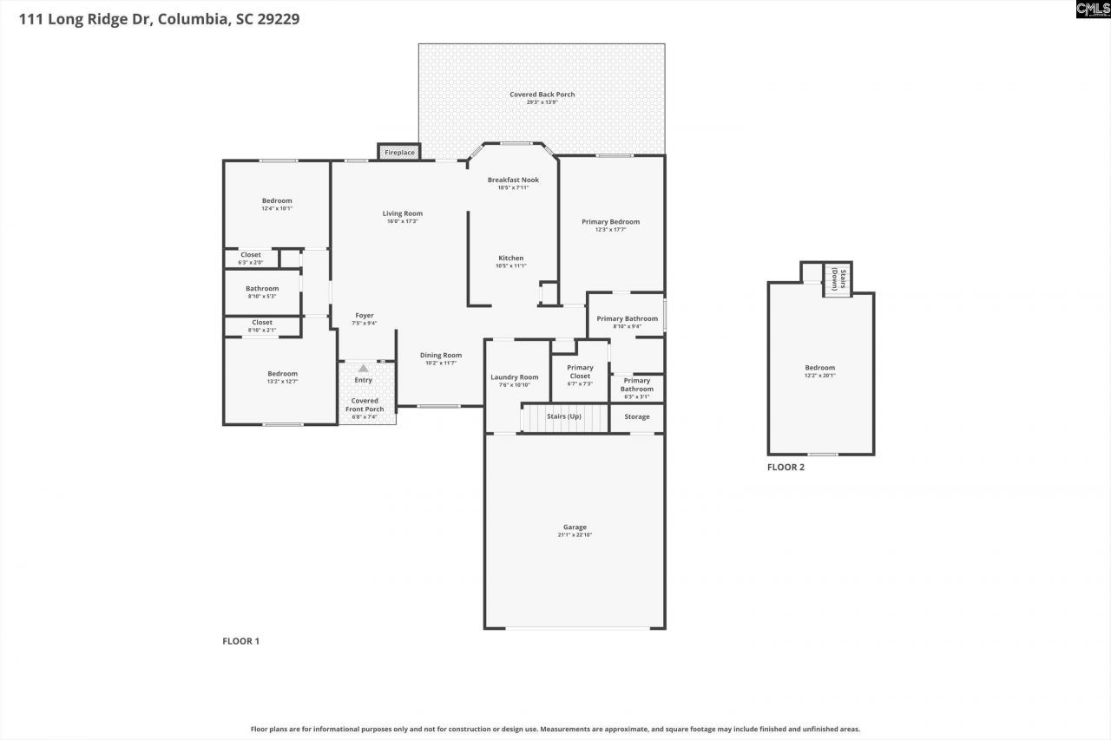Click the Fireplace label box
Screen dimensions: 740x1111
399,153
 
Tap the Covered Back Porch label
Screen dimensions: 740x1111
542,95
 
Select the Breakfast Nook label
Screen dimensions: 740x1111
513,180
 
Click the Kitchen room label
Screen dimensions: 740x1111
510,258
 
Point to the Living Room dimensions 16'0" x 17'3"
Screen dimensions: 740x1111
403,221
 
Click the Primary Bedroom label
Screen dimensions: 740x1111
610,221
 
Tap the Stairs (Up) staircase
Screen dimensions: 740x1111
564,417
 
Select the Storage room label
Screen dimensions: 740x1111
637,417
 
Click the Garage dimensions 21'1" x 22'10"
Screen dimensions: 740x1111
575,535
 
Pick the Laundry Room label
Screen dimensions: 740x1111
515,377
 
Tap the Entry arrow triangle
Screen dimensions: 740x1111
363,369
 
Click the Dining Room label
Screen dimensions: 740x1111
441,355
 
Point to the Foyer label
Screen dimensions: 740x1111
365,316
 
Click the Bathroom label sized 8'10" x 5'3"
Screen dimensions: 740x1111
262,288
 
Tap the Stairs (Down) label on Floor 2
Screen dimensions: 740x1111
837,279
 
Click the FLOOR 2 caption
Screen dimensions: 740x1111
786,467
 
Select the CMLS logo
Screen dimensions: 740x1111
1092,10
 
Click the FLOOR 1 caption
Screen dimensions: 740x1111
241,641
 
